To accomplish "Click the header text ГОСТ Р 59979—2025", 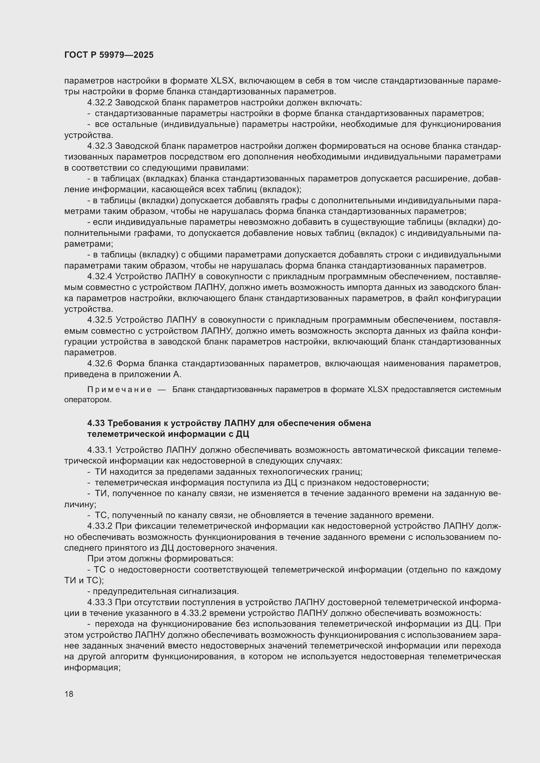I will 109,55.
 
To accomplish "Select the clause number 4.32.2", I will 100,103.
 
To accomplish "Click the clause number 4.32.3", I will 100,146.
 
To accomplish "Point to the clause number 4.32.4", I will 100,277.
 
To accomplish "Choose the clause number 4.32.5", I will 100,320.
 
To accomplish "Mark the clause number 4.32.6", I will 100,364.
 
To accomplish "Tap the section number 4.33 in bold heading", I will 95,424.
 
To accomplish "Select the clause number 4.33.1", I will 100,450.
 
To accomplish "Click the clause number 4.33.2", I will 100,526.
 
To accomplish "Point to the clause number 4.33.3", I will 100,603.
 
